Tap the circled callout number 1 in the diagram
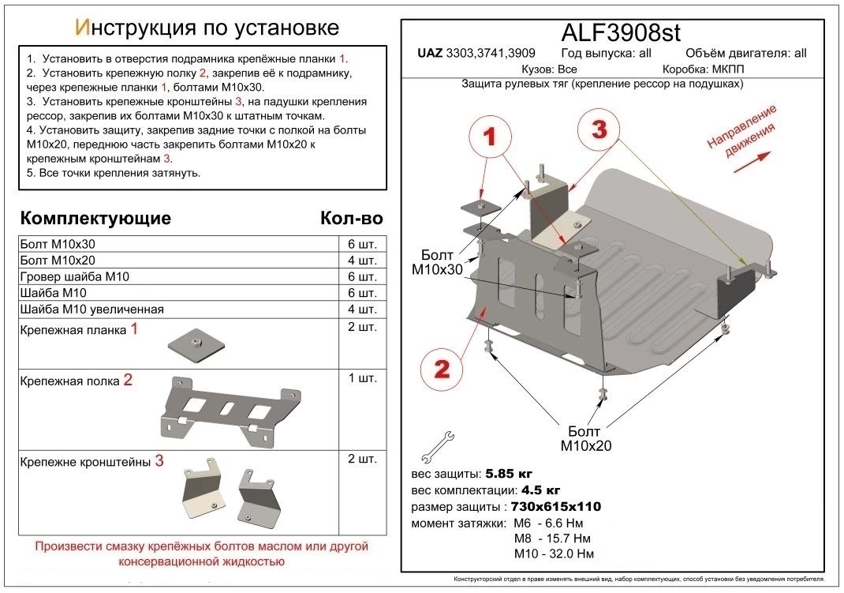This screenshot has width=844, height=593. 490,138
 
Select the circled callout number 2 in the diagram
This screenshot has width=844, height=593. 441,369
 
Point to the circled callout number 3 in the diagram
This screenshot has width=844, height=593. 599,130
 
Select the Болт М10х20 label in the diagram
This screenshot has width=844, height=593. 586,438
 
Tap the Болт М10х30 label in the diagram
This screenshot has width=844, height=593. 437,263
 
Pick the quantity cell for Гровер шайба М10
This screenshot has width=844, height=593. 361,276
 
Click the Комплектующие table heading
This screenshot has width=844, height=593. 95,218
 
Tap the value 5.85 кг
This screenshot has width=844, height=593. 510,475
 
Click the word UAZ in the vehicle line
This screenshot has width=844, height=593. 429,54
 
